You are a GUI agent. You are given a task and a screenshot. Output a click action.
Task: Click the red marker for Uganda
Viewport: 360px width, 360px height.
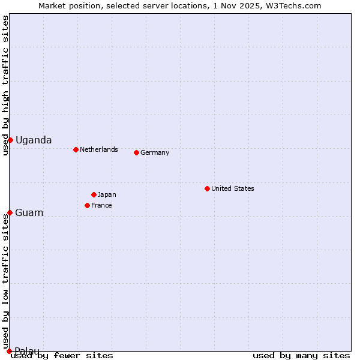tap(10, 140)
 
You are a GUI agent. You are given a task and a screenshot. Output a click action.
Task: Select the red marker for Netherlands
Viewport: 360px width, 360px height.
tap(76, 149)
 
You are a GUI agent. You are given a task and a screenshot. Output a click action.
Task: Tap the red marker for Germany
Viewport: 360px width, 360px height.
tap(136, 152)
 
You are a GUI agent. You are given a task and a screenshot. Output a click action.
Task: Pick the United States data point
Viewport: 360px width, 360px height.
tap(207, 188)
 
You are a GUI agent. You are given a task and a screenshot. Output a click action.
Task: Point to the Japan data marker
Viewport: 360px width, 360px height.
tap(94, 194)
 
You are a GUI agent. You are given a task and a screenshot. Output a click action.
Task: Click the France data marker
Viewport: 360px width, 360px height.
tap(87, 205)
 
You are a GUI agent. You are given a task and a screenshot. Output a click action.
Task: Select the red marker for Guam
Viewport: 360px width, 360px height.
tap(10, 212)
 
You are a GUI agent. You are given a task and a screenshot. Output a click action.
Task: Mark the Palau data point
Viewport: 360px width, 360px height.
tap(9, 351)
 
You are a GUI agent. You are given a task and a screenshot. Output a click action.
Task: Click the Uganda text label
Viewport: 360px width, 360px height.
tap(34, 140)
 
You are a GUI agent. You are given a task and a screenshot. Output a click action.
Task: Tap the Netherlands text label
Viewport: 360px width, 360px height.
tap(99, 149)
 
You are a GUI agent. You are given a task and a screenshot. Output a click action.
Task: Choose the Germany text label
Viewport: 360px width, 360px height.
tap(155, 152)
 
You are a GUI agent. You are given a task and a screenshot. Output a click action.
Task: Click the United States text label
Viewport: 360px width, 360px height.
tap(233, 188)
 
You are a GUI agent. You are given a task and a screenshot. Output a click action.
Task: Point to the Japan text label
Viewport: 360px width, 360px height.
tap(107, 194)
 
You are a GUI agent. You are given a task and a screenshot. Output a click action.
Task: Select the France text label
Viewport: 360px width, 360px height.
tap(101, 205)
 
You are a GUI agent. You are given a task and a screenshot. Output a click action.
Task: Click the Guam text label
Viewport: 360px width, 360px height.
tap(29, 212)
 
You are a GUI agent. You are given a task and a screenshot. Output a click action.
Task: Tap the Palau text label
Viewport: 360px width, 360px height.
tap(27, 351)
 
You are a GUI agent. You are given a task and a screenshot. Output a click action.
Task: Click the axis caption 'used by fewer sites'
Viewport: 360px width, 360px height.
tap(62, 355)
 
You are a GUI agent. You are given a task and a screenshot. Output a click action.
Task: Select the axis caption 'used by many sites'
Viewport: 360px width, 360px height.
tap(301, 355)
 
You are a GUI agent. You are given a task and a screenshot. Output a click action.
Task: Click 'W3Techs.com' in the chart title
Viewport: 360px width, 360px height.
tap(298, 5)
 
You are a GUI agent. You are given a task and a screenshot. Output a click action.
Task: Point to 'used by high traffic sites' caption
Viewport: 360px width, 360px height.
tap(5, 85)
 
